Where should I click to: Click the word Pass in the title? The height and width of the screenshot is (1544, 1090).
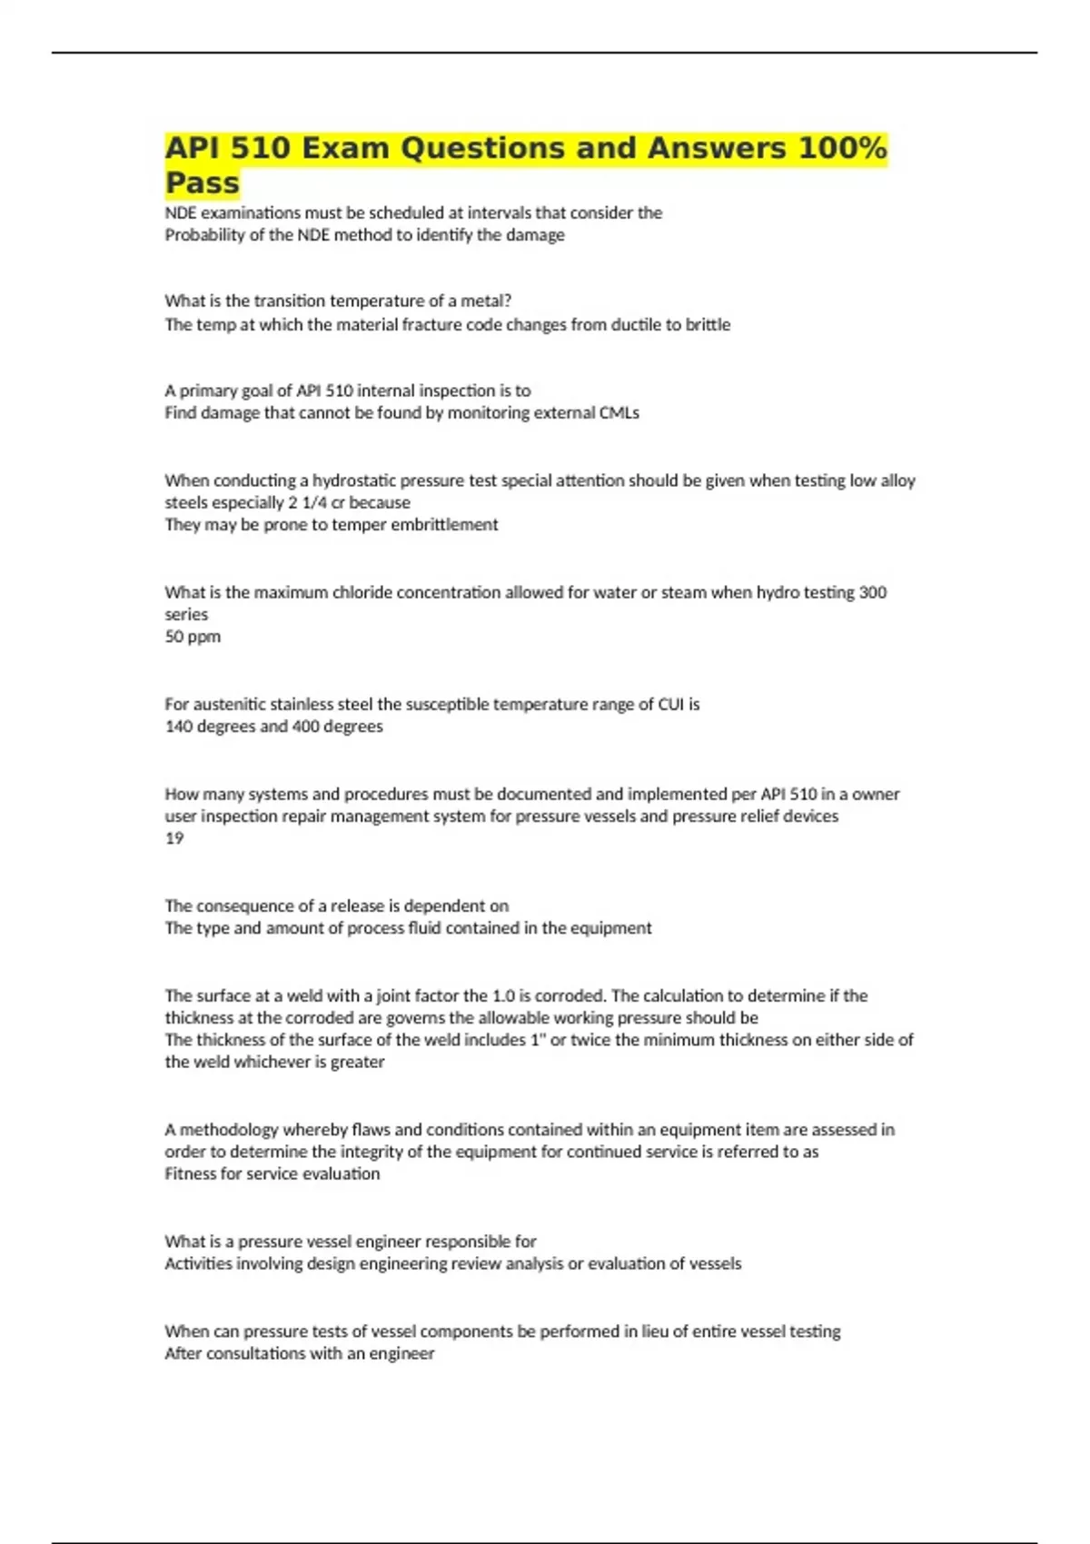pos(202,183)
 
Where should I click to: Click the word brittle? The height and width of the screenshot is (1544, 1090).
pos(708,324)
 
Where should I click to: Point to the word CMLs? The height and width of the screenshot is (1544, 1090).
pos(619,413)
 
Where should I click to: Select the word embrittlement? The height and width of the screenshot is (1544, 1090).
pos(444,525)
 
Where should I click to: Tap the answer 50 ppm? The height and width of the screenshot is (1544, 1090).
pos(193,637)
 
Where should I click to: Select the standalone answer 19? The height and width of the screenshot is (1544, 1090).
pos(174,838)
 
